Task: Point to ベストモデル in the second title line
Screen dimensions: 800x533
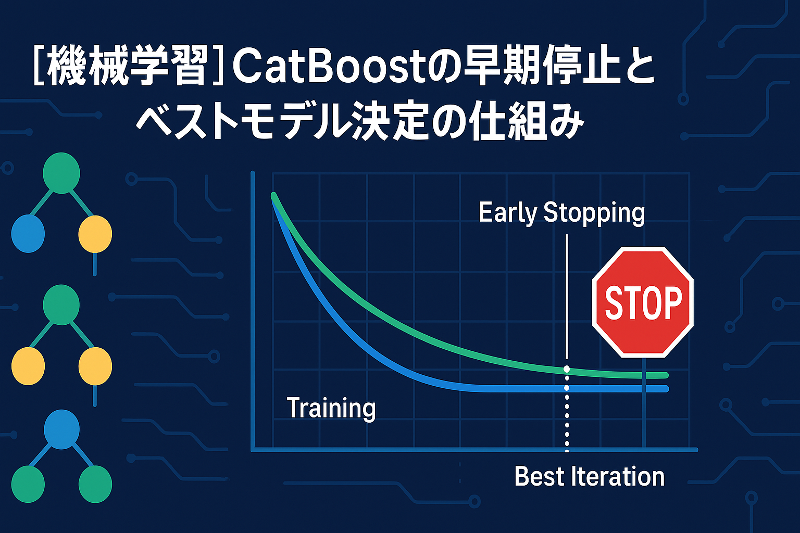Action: (243, 121)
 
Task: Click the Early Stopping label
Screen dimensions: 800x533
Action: (562, 213)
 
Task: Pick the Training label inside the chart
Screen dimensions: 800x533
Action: (331, 408)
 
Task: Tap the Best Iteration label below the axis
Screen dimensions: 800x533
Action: (589, 477)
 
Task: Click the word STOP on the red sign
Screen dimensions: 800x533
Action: (643, 303)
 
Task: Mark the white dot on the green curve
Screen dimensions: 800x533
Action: (567, 369)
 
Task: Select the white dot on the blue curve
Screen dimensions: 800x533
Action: (567, 388)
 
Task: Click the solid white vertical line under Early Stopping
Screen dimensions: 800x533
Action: (567, 297)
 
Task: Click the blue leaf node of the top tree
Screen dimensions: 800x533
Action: (28, 234)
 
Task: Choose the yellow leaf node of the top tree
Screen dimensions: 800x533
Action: (95, 234)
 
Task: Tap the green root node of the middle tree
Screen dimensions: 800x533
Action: (61, 305)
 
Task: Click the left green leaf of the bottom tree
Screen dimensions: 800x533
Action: (28, 485)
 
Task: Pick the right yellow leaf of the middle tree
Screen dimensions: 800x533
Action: (95, 366)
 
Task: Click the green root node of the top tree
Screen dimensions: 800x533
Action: (61, 173)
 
